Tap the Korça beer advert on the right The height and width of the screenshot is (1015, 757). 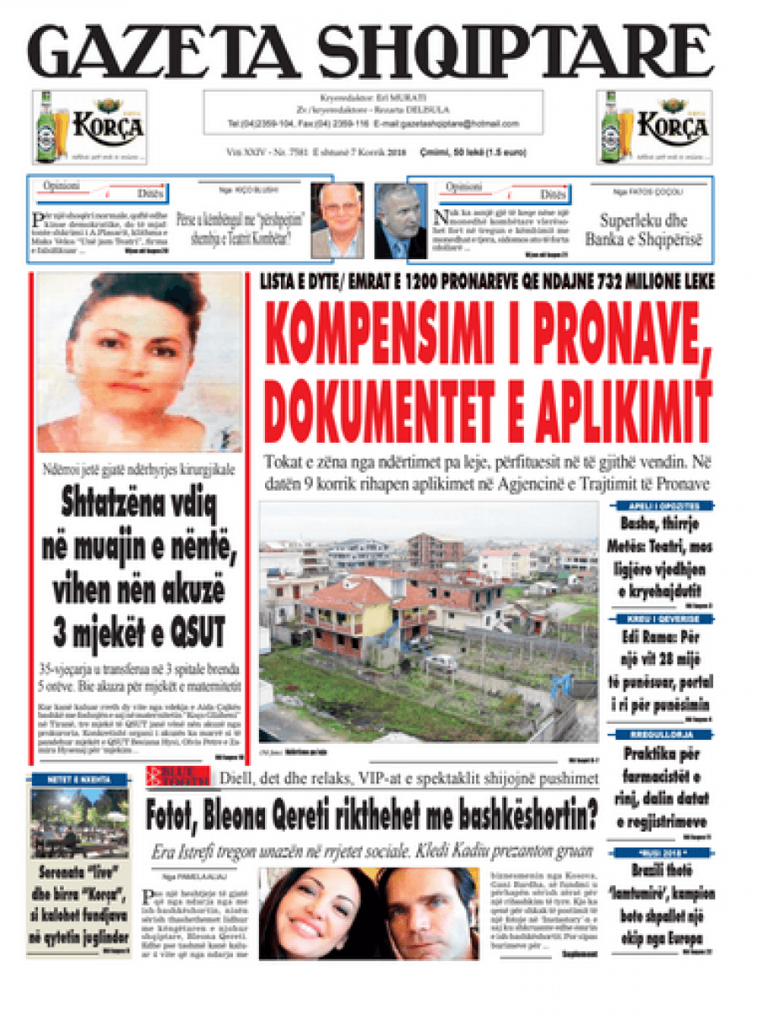pyautogui.click(x=654, y=127)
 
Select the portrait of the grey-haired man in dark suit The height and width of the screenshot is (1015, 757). pyautogui.click(x=400, y=220)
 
